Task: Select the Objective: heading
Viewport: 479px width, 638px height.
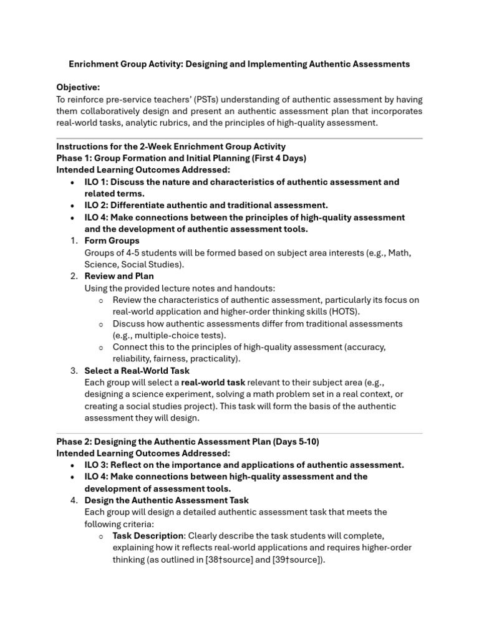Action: click(78, 88)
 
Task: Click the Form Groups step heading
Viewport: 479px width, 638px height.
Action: click(112, 240)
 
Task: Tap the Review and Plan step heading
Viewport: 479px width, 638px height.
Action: click(119, 276)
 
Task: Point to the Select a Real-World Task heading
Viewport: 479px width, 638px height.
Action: click(137, 371)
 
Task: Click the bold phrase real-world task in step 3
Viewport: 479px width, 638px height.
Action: click(213, 383)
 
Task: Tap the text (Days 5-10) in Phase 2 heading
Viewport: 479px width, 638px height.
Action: click(293, 441)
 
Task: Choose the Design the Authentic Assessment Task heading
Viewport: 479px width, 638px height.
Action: click(167, 500)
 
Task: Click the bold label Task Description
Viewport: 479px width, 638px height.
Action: click(148, 536)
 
